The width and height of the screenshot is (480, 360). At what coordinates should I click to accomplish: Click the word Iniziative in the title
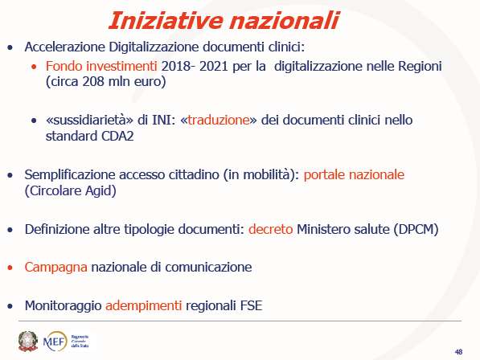click(166, 21)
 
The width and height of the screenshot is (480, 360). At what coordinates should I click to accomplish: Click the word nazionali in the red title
click(285, 21)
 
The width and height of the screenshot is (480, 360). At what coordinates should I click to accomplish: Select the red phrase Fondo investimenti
click(101, 66)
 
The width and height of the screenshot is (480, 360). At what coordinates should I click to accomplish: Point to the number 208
click(93, 81)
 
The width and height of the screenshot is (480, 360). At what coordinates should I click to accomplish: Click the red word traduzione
click(219, 120)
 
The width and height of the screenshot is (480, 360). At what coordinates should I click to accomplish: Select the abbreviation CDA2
click(117, 136)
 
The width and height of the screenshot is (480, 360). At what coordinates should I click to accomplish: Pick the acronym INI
click(162, 120)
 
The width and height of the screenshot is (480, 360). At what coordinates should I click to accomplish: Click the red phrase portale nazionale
click(354, 174)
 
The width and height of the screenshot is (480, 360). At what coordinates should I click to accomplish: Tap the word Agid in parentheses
click(101, 191)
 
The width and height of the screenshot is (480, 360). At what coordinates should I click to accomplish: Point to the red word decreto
click(271, 229)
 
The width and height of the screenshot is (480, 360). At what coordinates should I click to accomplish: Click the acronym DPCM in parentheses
click(416, 229)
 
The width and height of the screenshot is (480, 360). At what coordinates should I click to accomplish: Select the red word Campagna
click(56, 268)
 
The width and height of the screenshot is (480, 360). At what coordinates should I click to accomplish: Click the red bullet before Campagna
click(10, 268)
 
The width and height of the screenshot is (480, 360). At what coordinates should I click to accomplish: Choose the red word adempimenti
click(144, 305)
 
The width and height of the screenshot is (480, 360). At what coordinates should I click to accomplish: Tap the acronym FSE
click(252, 305)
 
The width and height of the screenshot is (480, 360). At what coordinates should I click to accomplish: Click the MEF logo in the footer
click(55, 341)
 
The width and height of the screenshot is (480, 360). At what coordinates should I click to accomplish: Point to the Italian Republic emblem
click(28, 341)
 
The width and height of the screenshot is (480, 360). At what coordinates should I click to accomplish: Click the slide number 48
click(458, 352)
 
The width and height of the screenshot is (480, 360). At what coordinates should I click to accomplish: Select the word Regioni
click(420, 67)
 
